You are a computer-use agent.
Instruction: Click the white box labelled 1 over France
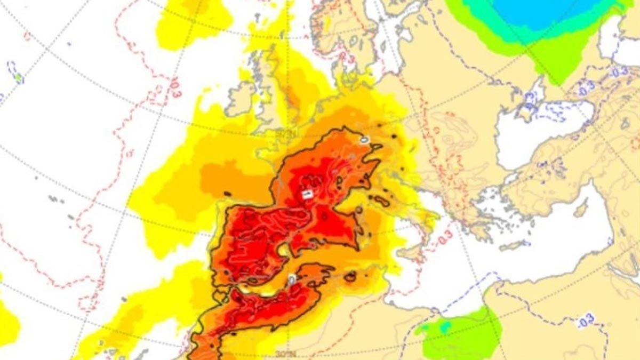coord(307,195)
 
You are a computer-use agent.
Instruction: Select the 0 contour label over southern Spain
coord(291,279)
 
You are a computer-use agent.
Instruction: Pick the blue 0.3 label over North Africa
coord(585,322)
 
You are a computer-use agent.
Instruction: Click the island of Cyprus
coord(581,208)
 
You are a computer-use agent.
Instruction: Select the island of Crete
coord(515,245)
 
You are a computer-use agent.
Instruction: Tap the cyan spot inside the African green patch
coord(444,326)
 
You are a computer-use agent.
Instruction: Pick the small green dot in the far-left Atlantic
coord(19,78)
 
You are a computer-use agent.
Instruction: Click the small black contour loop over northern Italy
coord(382,201)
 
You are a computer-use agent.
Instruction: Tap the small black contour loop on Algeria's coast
coord(350,276)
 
